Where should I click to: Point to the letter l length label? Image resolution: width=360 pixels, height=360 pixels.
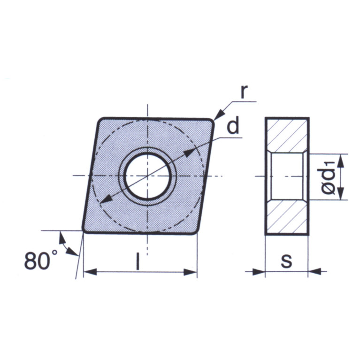(138, 262)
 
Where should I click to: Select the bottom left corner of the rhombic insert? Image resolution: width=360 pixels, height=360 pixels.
(85, 229)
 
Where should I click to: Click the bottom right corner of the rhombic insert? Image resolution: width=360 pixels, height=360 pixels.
(194, 231)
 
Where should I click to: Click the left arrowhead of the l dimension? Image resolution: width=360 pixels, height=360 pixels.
(89, 272)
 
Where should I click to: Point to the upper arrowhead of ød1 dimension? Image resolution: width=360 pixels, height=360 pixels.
(341, 160)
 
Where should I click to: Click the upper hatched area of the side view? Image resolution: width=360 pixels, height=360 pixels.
(286, 134)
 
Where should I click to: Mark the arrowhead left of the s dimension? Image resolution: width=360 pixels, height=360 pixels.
(260, 271)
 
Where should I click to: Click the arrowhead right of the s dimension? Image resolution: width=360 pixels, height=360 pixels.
(314, 271)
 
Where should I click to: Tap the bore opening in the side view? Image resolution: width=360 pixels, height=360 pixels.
(286, 176)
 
